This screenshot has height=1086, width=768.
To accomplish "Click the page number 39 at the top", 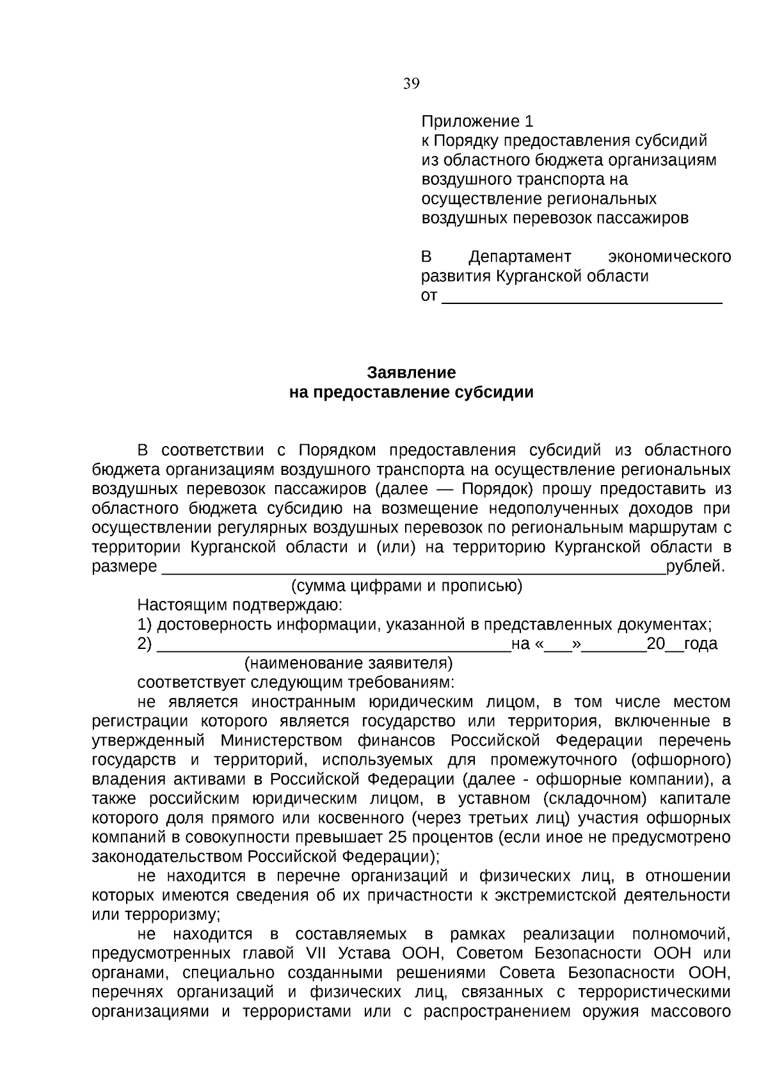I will click(x=412, y=84).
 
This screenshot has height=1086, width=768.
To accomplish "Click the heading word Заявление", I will click(x=412, y=372).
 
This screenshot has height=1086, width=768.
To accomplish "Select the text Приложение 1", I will click(x=477, y=122).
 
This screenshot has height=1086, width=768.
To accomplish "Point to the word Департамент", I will click(x=520, y=257).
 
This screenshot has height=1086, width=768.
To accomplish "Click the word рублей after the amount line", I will click(x=696, y=567).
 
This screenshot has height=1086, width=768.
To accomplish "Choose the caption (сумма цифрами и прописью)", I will click(x=407, y=586).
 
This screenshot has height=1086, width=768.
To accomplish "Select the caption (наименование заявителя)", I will click(x=349, y=663).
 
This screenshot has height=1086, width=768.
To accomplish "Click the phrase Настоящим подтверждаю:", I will click(x=240, y=605).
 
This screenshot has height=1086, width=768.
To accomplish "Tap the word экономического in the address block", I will click(x=669, y=257).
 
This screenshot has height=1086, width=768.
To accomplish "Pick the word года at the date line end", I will click(x=701, y=644).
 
